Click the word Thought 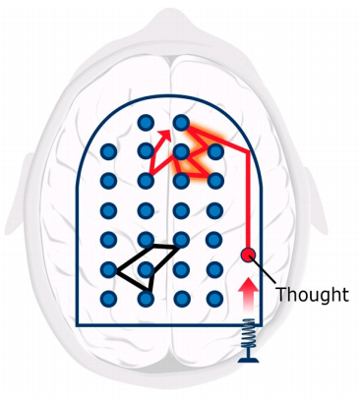click(x=312, y=294)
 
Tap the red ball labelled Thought click(x=248, y=255)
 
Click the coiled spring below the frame click(x=248, y=333)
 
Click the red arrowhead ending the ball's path click(x=165, y=135)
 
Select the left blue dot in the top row click(x=146, y=123)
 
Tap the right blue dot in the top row click(x=181, y=123)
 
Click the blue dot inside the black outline click(x=146, y=270)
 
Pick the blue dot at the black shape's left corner click(x=108, y=270)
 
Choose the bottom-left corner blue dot click(x=108, y=299)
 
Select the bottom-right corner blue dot click(x=215, y=299)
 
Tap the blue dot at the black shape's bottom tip click(x=146, y=299)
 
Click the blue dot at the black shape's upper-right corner click(x=181, y=240)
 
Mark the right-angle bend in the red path click(x=249, y=152)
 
